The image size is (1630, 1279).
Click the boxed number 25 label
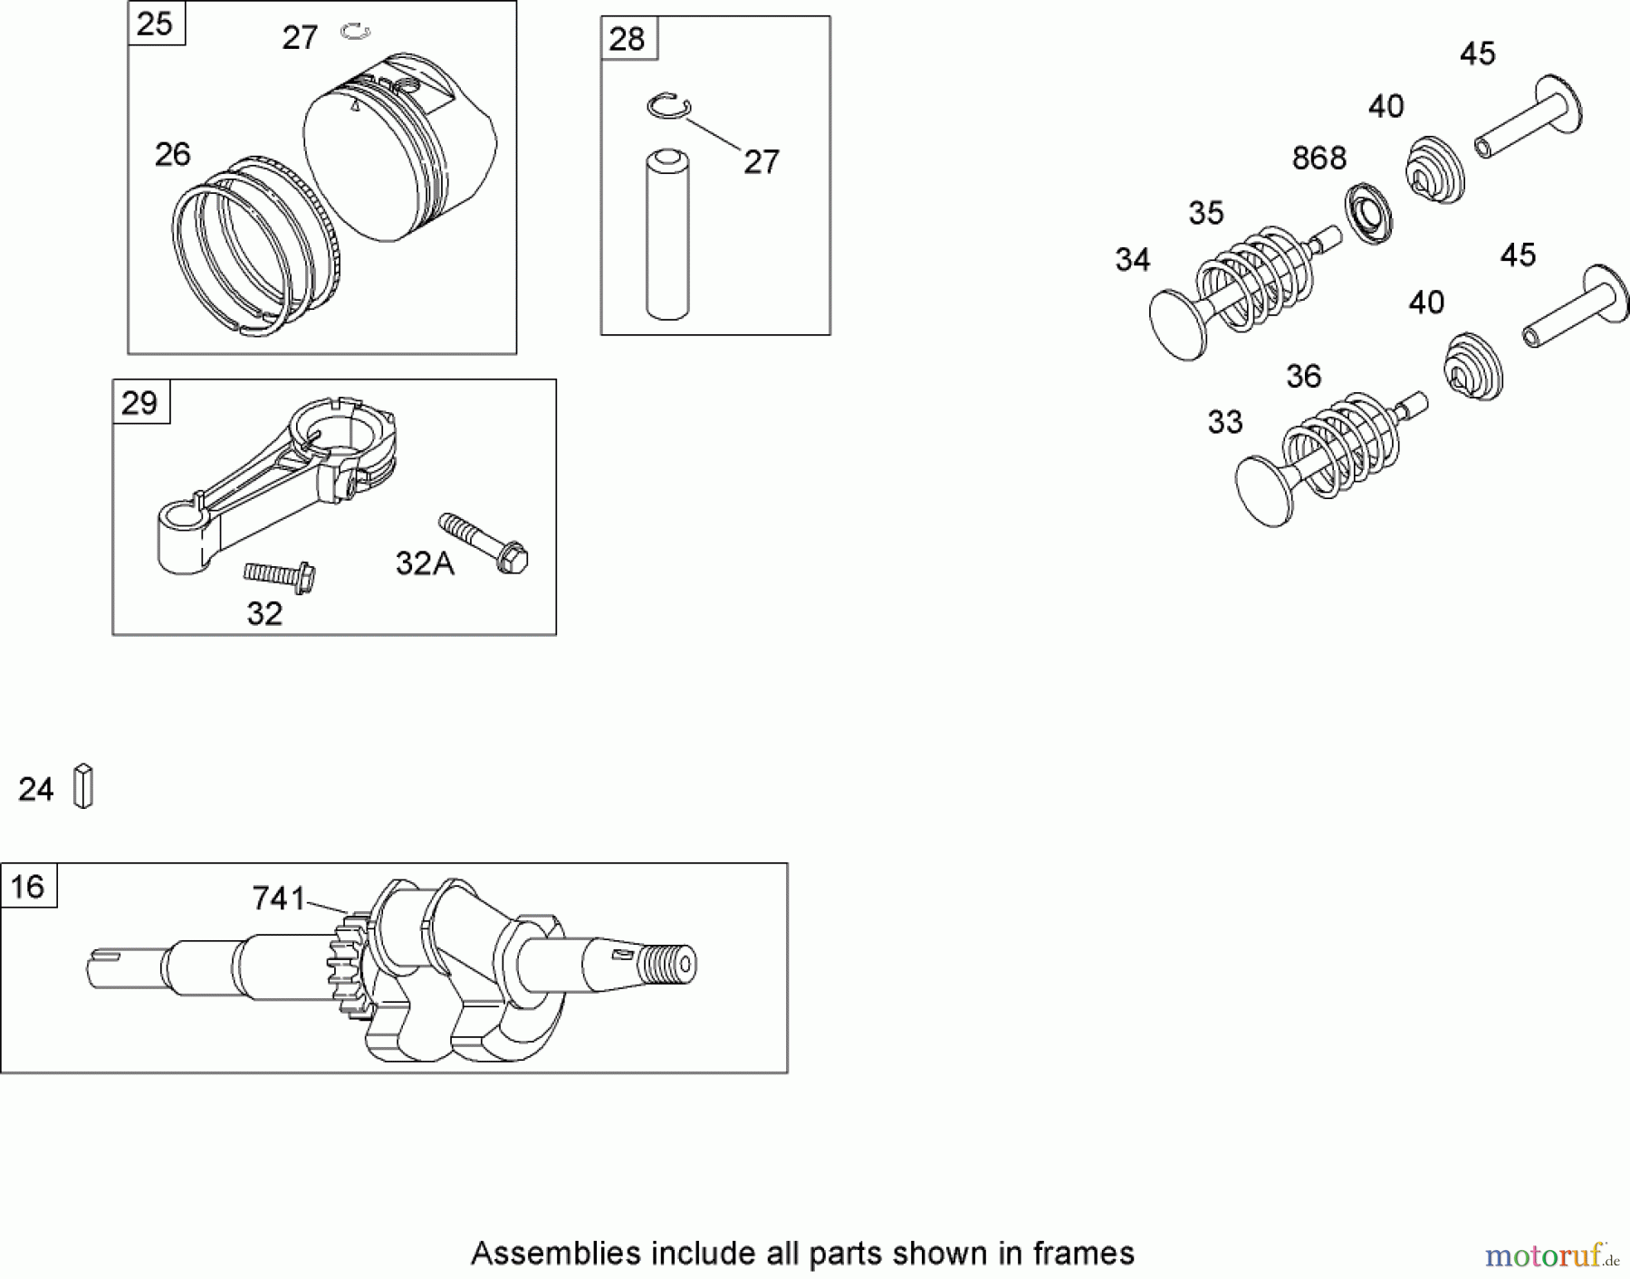(x=155, y=24)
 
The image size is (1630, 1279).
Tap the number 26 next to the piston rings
(x=172, y=155)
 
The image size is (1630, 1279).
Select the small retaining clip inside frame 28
(x=669, y=106)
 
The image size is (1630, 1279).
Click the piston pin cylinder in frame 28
(x=667, y=236)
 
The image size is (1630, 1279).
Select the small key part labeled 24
(x=83, y=786)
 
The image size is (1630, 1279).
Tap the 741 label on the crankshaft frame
(x=279, y=899)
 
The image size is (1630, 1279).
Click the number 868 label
(x=1318, y=159)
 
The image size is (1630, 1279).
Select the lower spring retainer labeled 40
(x=1472, y=366)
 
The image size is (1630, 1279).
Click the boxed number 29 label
(x=139, y=402)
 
